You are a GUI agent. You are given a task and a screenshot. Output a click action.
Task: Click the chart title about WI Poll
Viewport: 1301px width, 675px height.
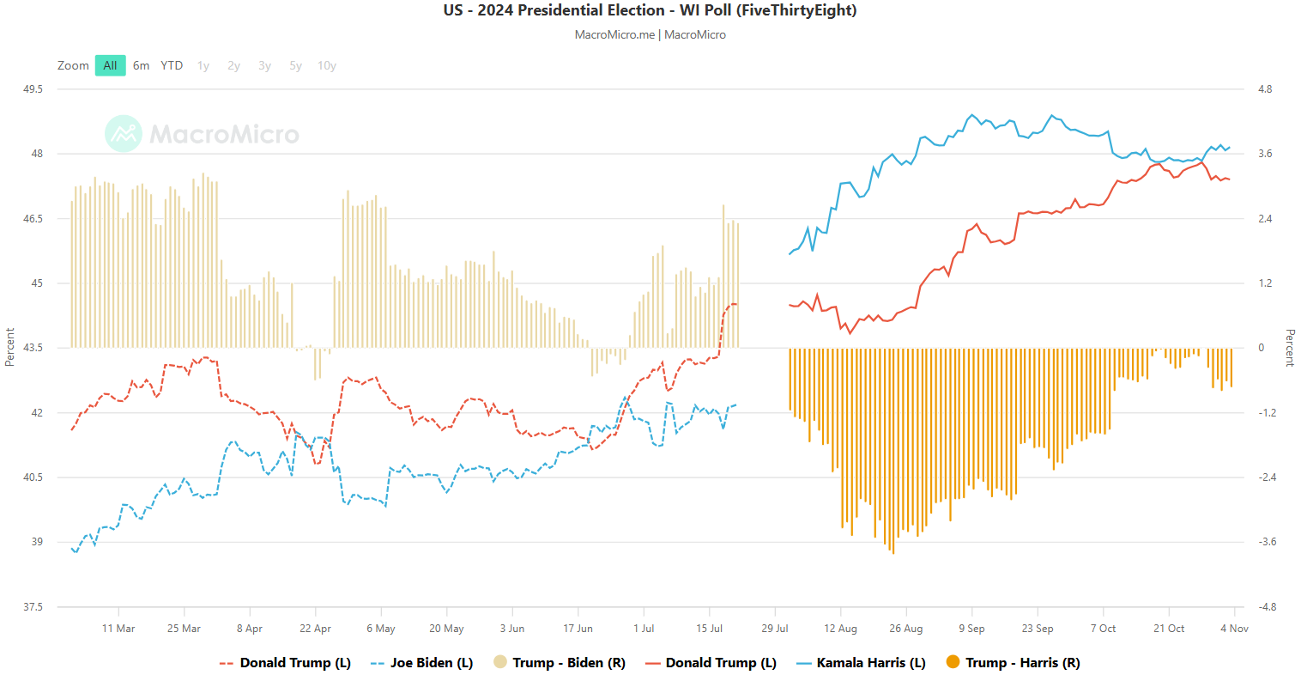(650, 10)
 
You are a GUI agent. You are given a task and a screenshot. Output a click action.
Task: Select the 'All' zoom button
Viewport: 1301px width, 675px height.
(110, 65)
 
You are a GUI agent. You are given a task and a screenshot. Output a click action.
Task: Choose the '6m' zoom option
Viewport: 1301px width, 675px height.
(141, 65)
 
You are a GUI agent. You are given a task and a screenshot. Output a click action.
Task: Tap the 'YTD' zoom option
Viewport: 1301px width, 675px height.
(172, 65)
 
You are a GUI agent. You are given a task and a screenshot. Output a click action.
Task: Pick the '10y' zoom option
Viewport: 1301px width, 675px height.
(326, 65)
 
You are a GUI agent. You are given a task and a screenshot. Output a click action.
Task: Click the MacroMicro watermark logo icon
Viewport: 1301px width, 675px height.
(124, 134)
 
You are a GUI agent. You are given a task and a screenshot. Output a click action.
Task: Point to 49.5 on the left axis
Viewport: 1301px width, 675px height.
(33, 89)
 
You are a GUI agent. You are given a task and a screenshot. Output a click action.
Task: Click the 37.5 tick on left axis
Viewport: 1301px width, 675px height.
(33, 607)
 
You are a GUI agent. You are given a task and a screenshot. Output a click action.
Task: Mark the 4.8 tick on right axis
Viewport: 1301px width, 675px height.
(1265, 89)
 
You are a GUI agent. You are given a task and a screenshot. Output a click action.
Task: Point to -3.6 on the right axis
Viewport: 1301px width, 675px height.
(1267, 542)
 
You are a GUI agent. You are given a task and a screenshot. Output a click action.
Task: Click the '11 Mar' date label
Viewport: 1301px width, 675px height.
(118, 629)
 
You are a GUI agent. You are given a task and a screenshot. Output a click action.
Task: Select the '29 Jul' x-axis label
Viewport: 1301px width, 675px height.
(775, 629)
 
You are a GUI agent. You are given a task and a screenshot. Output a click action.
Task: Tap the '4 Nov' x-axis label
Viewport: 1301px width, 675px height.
(1234, 629)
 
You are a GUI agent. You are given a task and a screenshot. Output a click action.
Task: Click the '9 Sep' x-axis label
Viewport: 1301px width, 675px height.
(971, 629)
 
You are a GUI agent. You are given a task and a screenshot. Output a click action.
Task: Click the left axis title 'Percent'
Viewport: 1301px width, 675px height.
(10, 347)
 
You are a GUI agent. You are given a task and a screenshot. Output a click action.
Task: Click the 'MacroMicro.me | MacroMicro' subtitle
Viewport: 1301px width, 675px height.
(650, 35)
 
